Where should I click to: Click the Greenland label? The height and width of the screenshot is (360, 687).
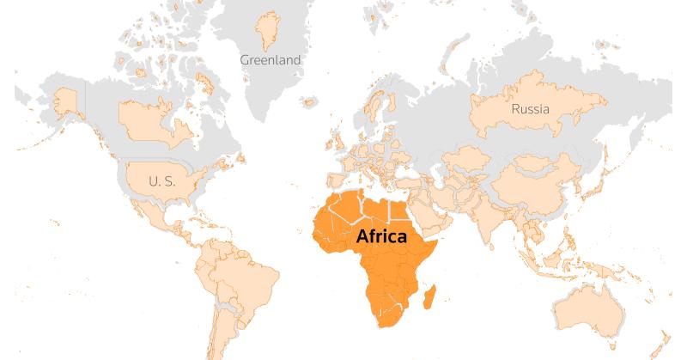click(x=271, y=60)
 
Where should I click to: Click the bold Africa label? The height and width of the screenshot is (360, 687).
click(x=380, y=237)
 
